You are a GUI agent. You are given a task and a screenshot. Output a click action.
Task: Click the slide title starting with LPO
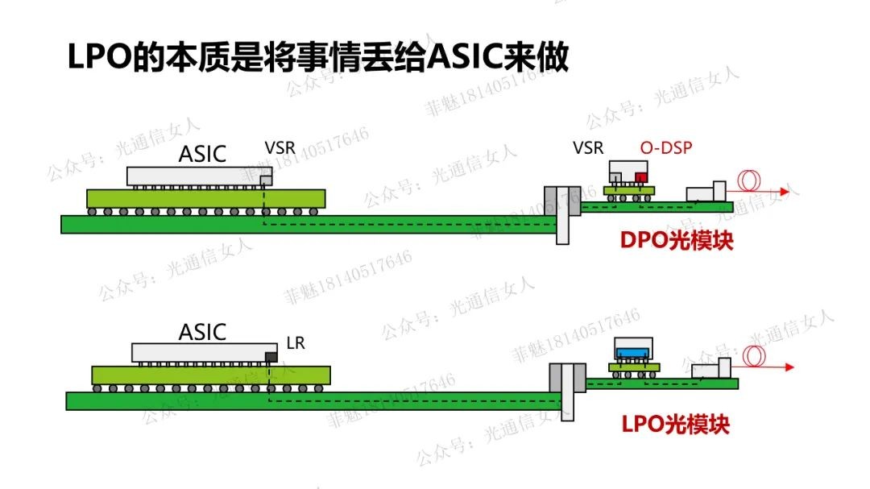pyautogui.click(x=317, y=58)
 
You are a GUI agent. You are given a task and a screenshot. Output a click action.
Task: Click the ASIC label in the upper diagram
pyautogui.click(x=202, y=153)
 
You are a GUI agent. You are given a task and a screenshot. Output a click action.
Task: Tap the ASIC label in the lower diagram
pyautogui.click(x=202, y=332)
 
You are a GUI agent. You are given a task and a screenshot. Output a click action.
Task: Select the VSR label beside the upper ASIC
pyautogui.click(x=280, y=148)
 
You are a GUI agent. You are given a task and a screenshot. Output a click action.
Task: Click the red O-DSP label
pyautogui.click(x=666, y=147)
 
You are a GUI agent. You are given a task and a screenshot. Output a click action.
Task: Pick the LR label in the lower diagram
pyautogui.click(x=296, y=343)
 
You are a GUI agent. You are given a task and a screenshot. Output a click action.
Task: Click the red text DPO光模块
pyautogui.click(x=677, y=240)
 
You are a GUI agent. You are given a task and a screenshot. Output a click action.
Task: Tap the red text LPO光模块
pyautogui.click(x=676, y=423)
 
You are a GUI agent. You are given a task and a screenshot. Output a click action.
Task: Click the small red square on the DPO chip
pyautogui.click(x=641, y=177)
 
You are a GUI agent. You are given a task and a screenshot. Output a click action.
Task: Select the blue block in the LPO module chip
pyautogui.click(x=633, y=352)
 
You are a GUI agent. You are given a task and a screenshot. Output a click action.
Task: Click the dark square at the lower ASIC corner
pyautogui.click(x=271, y=356)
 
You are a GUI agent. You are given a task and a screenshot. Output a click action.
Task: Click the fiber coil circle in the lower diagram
pyautogui.click(x=755, y=356)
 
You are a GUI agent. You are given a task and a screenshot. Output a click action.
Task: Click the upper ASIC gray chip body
pyautogui.click(x=193, y=176)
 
